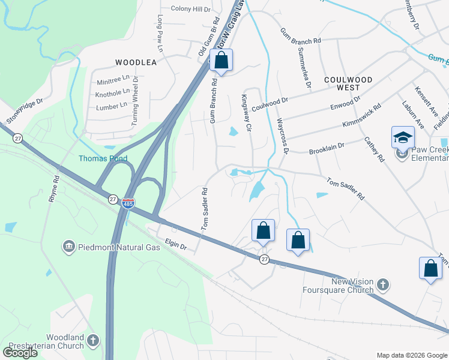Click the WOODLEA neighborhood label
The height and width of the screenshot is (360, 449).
point(136,62)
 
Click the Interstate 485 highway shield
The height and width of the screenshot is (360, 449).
point(128,204)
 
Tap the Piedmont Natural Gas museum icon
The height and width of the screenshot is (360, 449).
point(68,247)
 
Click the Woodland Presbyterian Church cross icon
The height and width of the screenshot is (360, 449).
point(92,341)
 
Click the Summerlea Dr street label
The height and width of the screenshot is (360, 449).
point(303,68)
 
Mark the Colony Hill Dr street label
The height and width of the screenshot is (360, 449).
point(191,9)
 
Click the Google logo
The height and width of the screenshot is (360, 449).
point(20,353)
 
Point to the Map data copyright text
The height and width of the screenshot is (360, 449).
point(411,355)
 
